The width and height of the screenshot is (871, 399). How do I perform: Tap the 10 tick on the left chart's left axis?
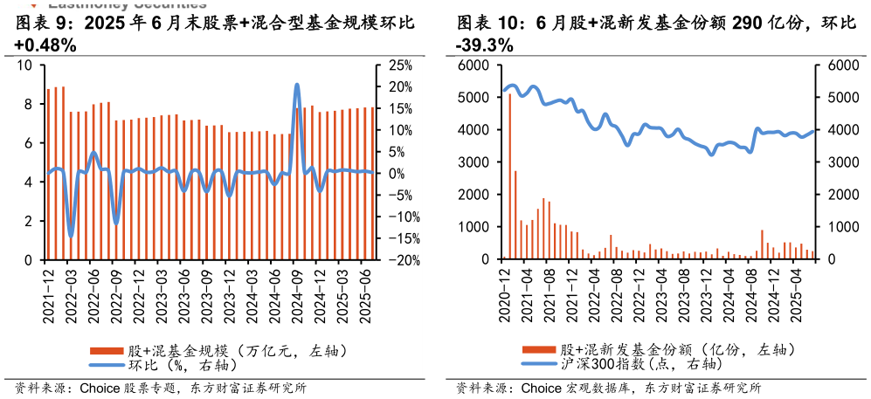point(24,65)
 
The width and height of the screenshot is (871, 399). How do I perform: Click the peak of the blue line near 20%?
point(297,86)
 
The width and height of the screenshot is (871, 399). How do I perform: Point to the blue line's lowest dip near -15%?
point(71,235)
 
